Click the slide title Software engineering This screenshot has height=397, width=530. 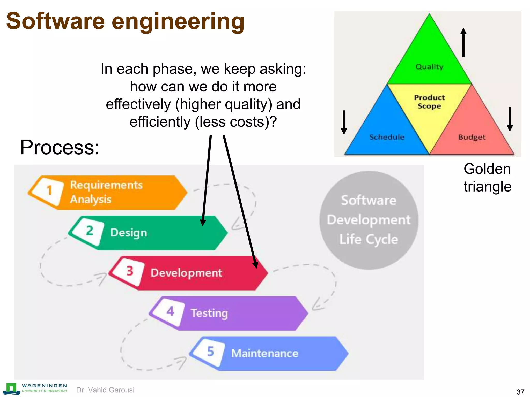125,21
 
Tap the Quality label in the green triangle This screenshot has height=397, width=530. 429,67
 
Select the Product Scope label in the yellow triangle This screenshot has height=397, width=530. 429,102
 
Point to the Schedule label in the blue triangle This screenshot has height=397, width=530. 387,137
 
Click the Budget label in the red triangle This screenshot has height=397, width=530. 472,137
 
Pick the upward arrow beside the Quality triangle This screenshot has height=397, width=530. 463,42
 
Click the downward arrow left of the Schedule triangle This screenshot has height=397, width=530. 344,122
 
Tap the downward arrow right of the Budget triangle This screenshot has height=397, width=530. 510,119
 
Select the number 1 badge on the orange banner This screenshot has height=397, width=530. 49,191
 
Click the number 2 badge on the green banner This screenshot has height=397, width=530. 89,231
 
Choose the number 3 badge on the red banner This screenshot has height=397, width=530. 130,271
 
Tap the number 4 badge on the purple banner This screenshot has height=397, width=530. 170,311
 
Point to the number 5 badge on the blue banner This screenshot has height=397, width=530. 210,352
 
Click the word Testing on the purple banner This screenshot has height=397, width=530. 209,313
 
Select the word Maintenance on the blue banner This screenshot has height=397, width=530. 265,353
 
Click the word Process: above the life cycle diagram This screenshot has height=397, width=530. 60,147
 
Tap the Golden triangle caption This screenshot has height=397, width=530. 488,178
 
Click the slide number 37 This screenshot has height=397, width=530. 520,392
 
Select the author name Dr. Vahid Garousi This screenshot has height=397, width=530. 105,390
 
